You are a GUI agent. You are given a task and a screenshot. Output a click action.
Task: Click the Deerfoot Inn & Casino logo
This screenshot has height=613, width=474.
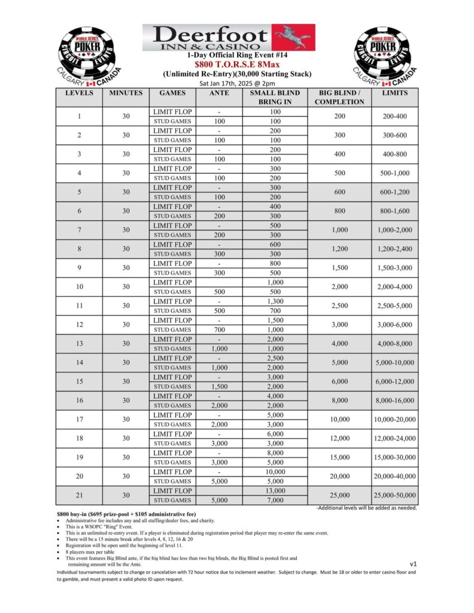tap(229, 37)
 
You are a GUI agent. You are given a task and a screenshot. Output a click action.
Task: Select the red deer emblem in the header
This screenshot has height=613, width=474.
tap(293, 37)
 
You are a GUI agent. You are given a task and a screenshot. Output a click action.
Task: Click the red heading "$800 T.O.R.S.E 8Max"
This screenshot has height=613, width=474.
tap(238, 63)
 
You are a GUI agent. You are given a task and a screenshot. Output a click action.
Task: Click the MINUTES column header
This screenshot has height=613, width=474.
tap(126, 93)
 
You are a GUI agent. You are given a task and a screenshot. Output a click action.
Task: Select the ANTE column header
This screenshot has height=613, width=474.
tap(219, 93)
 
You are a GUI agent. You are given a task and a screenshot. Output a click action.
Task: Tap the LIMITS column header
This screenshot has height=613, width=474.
tap(394, 93)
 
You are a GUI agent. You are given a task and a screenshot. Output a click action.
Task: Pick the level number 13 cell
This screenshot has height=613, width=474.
tap(79, 344)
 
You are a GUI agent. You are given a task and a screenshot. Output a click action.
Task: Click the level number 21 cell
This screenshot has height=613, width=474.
tap(79, 496)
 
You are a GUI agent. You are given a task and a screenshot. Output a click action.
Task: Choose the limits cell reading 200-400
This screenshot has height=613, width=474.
tap(394, 116)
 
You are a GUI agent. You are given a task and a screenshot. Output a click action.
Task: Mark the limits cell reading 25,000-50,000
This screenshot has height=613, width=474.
tap(394, 496)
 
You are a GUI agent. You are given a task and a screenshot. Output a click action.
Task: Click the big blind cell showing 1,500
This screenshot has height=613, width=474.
tap(340, 268)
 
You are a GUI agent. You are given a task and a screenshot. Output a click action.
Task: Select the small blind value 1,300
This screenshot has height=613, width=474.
tap(275, 301)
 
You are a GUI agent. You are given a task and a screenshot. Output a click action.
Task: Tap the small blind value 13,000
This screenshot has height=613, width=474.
tap(275, 491)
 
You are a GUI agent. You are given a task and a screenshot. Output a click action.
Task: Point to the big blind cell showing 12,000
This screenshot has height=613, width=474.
tap(340, 439)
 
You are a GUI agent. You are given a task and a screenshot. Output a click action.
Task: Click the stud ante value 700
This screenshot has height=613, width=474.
tap(219, 330)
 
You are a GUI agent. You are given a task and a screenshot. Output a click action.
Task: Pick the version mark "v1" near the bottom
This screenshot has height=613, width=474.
tap(413, 564)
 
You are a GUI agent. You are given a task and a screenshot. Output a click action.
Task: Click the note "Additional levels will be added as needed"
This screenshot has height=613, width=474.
tap(367, 508)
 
